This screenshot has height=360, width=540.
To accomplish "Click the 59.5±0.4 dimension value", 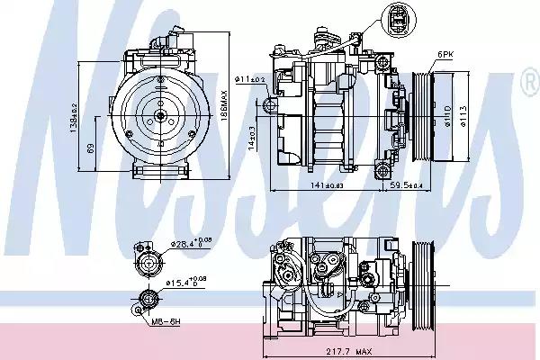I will (406, 185).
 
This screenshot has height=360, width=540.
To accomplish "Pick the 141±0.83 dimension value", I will (327, 185).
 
